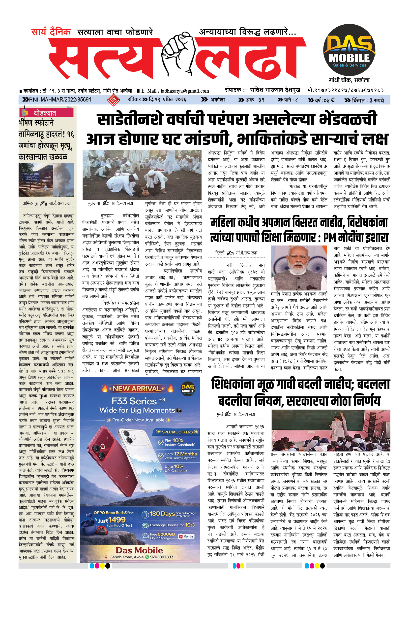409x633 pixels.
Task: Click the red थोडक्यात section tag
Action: pyautogui.click(x=45, y=113)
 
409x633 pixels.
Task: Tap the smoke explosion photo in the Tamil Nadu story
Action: pyautogui.click(x=64, y=180)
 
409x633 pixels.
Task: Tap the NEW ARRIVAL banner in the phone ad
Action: pyautogui.click(x=137, y=388)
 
